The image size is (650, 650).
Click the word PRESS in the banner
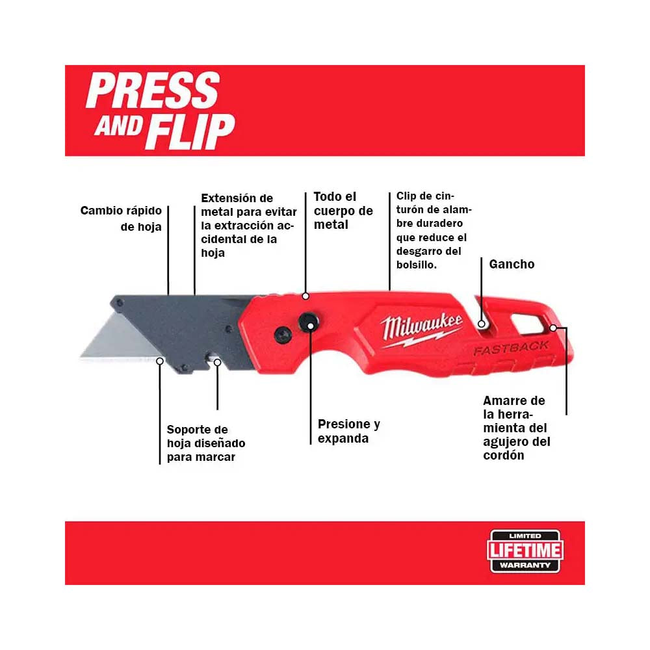(x=153, y=90)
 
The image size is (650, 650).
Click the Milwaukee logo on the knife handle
(x=421, y=330)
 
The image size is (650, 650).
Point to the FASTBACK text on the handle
(x=511, y=348)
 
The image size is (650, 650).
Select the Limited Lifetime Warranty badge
(x=525, y=551)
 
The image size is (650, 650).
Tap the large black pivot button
(x=308, y=323)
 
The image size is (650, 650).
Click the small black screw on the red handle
(x=283, y=335)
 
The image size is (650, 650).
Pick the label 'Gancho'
(x=512, y=264)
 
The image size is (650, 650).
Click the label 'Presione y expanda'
(x=348, y=431)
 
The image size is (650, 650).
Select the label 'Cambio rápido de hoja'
(x=121, y=218)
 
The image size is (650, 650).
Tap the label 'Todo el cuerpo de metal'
(x=343, y=211)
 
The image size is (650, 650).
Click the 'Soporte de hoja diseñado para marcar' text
(x=206, y=443)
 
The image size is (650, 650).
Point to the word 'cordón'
(x=504, y=455)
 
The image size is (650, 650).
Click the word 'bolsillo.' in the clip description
(x=416, y=265)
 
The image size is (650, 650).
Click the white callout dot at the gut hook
(x=482, y=324)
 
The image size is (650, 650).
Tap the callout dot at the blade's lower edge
(x=160, y=361)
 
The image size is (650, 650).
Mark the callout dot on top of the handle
(x=305, y=296)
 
